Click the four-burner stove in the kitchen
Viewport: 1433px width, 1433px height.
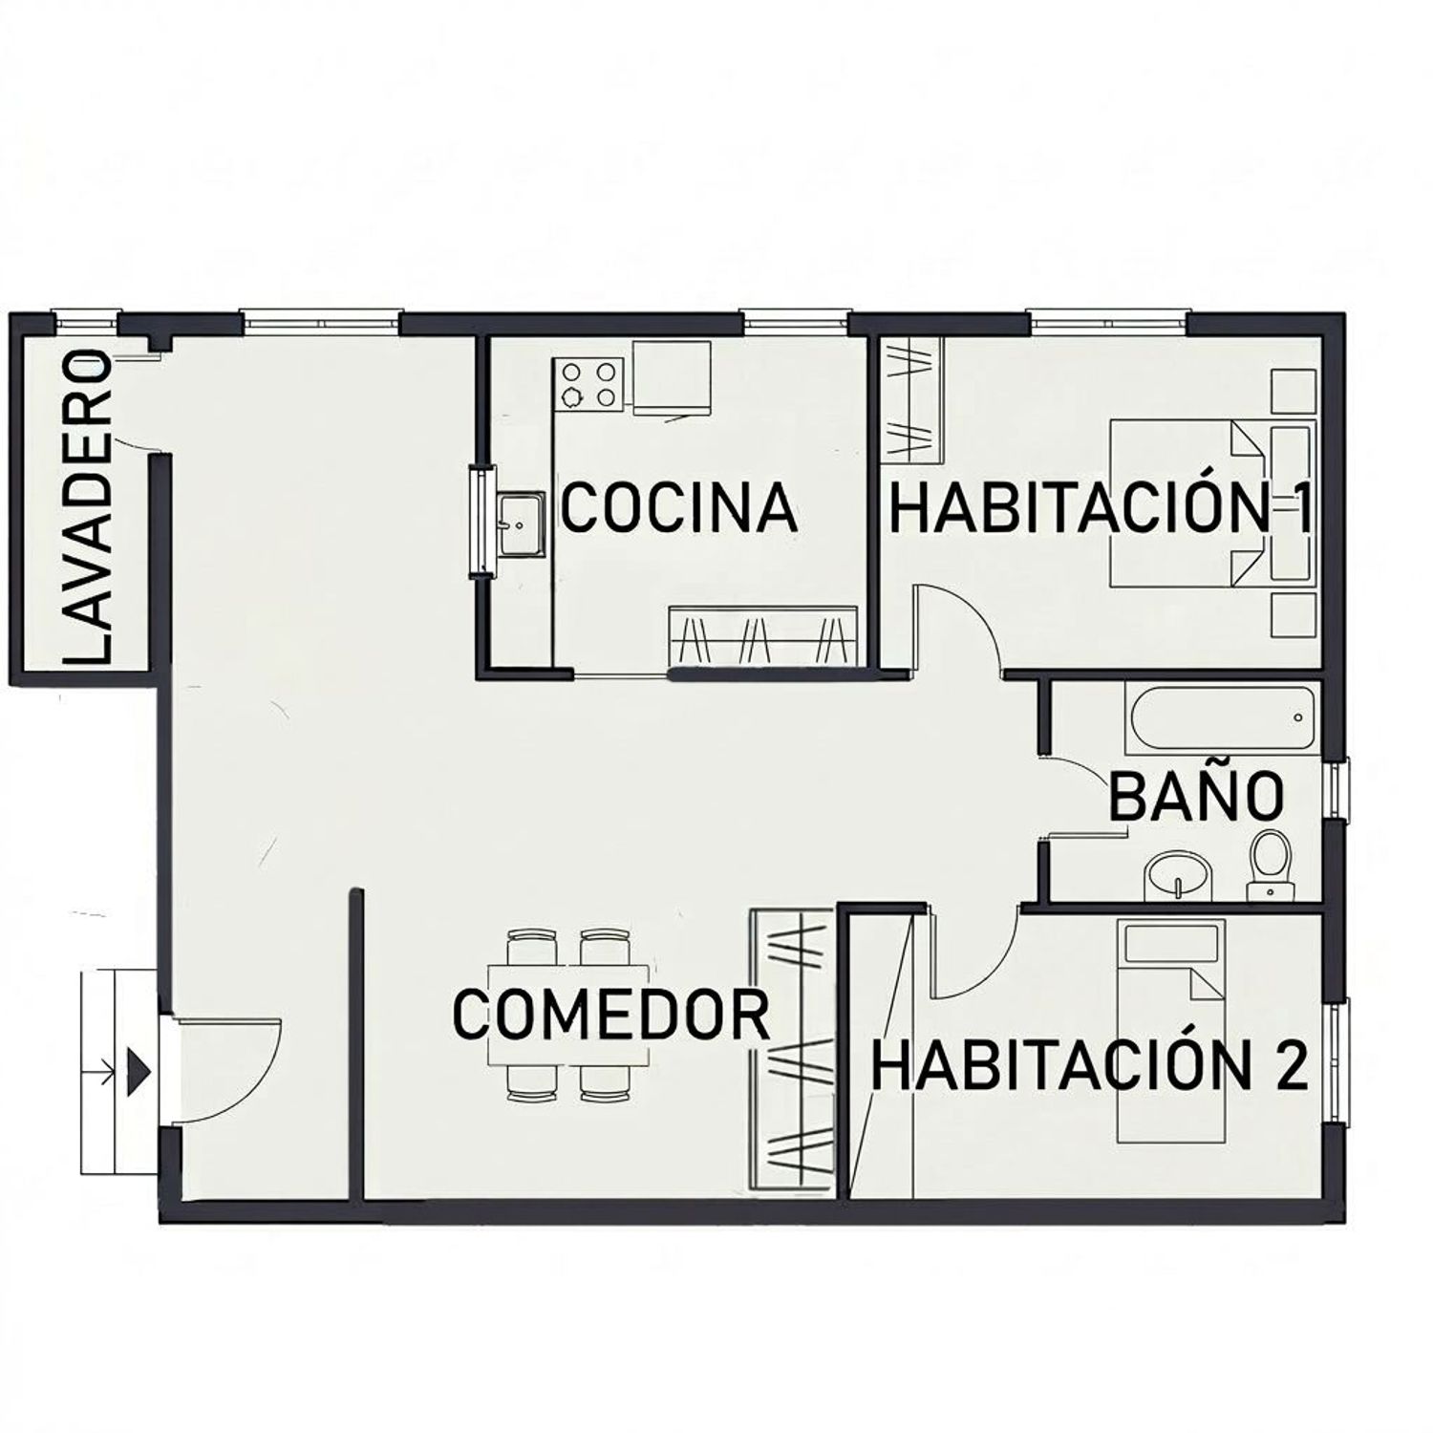click(x=588, y=384)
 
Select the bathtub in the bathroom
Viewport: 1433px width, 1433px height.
click(x=1221, y=718)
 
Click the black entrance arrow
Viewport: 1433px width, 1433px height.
click(x=139, y=1068)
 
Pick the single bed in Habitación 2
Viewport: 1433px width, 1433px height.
click(x=1171, y=1030)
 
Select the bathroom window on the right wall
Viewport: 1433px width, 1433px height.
click(x=1337, y=789)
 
